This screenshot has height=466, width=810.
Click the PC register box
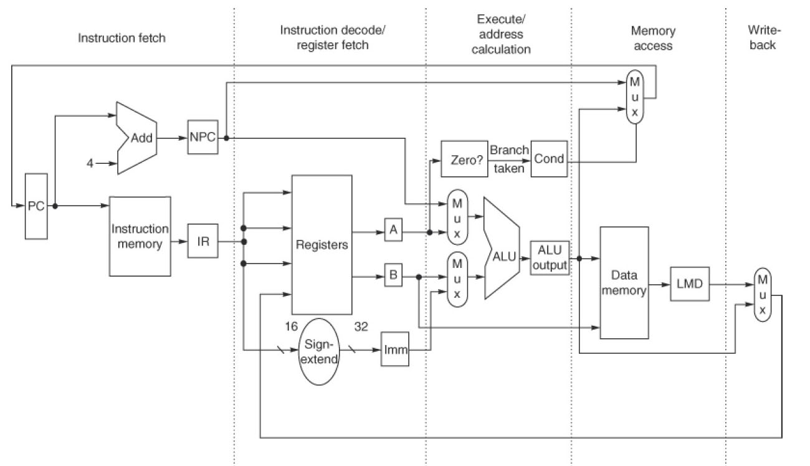point(36,206)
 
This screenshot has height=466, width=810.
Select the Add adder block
point(140,138)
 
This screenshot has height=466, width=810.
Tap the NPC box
point(202,138)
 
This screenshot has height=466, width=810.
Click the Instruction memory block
point(140,236)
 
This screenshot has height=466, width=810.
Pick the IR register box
point(204,242)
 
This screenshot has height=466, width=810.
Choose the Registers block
point(322,244)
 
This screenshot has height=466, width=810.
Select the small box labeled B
point(393,275)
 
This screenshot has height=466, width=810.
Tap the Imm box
point(395,351)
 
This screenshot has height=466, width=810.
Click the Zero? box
point(462,159)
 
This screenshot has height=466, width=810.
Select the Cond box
point(549,159)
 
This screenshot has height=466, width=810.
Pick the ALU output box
point(549,258)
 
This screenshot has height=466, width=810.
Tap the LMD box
point(689,284)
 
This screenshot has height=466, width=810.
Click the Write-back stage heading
point(762,37)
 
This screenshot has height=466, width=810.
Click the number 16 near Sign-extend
point(291,326)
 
